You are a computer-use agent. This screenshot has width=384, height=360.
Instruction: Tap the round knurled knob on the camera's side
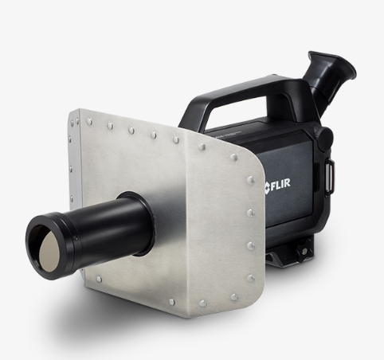point(323,138)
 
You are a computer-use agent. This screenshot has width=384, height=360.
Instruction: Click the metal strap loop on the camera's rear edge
point(330,175)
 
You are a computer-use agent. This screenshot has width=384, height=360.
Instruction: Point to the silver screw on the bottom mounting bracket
point(305,251)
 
